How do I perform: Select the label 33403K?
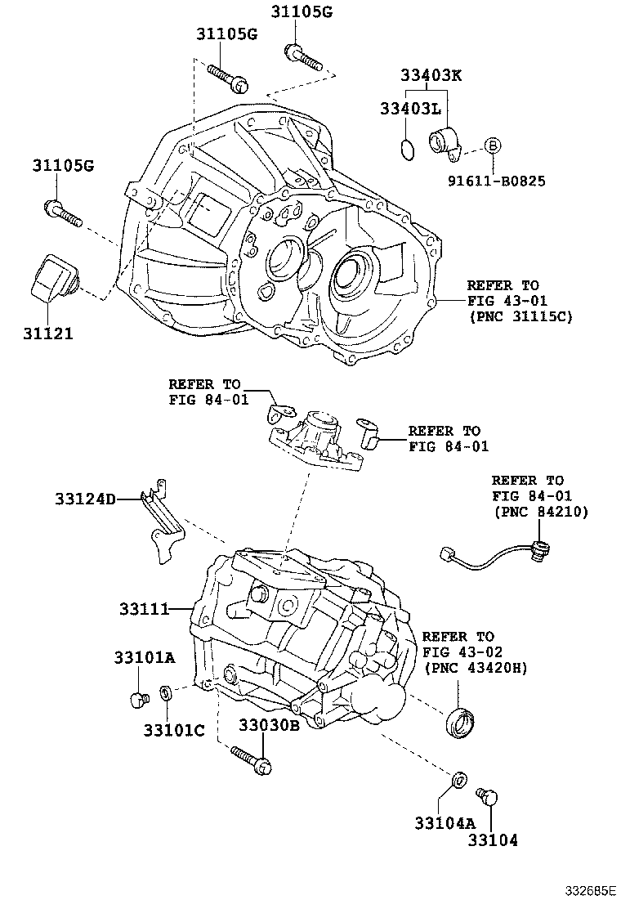[431, 76]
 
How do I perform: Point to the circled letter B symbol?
[493, 146]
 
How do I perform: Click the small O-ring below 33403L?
[406, 150]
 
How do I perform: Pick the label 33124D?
[86, 499]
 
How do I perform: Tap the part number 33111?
[143, 609]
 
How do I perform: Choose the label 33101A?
[145, 657]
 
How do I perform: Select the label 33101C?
[174, 730]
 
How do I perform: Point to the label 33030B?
[270, 724]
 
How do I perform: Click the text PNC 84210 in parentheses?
[540, 512]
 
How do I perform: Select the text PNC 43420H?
[476, 668]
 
